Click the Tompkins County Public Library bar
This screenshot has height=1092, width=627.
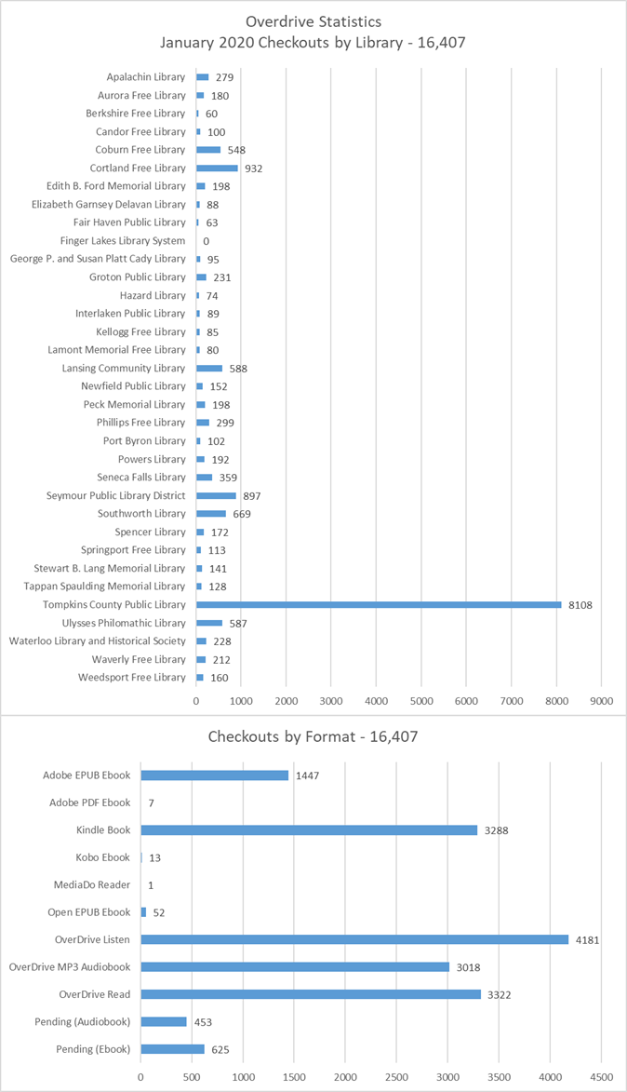coord(379,604)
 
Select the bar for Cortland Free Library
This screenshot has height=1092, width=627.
coord(217,168)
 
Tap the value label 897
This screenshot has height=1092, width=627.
coord(252,496)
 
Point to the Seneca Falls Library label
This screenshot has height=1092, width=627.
coord(141,477)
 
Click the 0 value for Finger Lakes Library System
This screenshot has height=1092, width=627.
coord(206,241)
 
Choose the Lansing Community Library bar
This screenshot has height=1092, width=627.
coord(209,369)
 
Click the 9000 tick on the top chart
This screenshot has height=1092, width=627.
coord(602,701)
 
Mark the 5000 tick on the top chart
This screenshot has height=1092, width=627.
coord(421,701)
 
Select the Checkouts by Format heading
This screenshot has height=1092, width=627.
coord(313,736)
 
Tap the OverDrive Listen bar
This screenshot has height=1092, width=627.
coord(355,939)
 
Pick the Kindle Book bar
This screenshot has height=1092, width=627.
coord(309,830)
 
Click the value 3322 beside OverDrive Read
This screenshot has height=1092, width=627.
coord(499,994)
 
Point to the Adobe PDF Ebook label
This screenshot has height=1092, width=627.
coord(89,802)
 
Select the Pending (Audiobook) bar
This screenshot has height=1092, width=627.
coord(165,1021)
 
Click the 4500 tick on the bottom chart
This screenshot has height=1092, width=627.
coord(602,1077)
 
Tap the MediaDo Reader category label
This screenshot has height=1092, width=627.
coord(92,884)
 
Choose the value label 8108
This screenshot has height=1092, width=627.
coord(580,605)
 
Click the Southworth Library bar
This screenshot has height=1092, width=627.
coord(211,514)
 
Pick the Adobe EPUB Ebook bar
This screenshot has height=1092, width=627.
coord(215,775)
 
